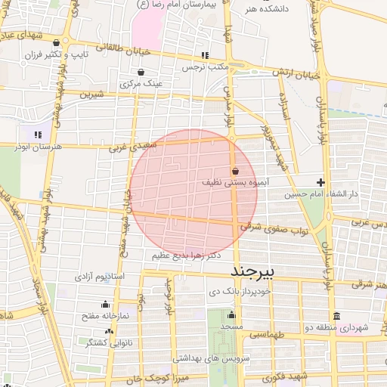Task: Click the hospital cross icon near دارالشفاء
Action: pos(321,182)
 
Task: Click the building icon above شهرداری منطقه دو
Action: pos(336,316)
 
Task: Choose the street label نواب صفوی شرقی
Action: pos(289,227)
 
